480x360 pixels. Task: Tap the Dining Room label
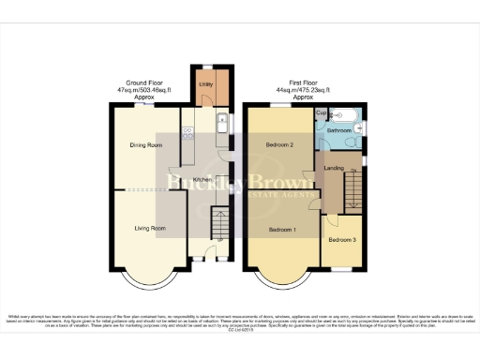pyautogui.click(x=146, y=145)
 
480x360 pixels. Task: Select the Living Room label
pyautogui.click(x=149, y=228)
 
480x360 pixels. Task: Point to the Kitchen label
pyautogui.click(x=202, y=180)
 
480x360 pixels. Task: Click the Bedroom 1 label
pyautogui.click(x=282, y=230)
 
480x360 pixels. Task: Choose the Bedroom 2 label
pyautogui.click(x=279, y=145)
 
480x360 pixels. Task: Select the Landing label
pyautogui.click(x=333, y=168)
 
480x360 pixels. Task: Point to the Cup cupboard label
pyautogui.click(x=321, y=112)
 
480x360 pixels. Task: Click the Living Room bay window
pyautogui.click(x=149, y=277)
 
